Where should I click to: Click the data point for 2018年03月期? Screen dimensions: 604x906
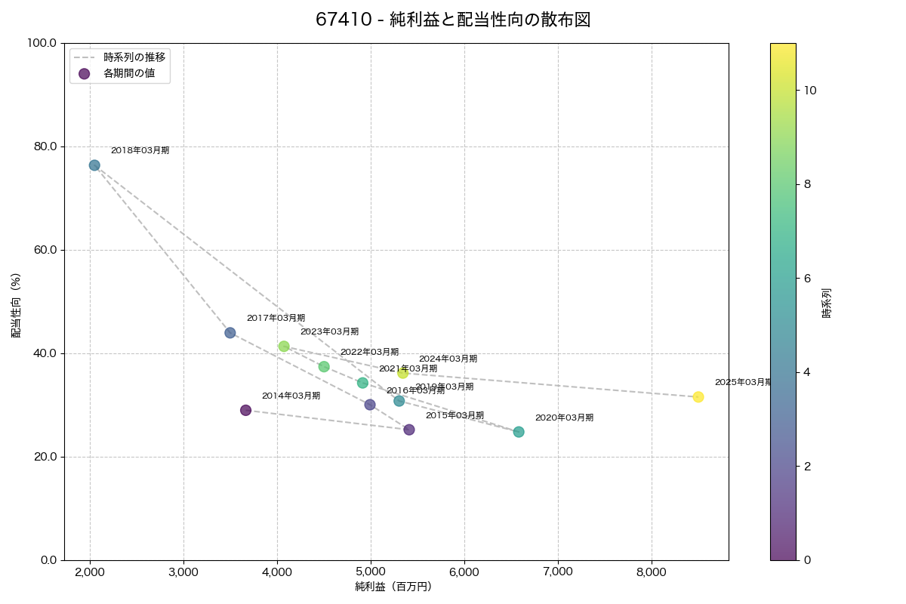[x=94, y=165]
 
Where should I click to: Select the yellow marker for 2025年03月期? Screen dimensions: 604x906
[x=698, y=397]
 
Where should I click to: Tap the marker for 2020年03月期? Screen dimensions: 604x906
[x=519, y=432]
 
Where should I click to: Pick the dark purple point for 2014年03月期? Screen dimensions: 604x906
[x=245, y=410]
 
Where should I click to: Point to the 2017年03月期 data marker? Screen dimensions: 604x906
[x=230, y=333]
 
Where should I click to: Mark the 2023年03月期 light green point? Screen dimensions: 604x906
[x=284, y=347]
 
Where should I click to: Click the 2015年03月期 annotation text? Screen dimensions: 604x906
[x=455, y=415]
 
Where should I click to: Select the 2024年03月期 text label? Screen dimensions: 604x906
[x=448, y=359]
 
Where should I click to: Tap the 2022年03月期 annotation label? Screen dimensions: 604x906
[x=369, y=352]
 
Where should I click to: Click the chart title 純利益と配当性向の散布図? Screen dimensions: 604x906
[x=453, y=20]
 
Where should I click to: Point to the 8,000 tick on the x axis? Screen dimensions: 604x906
[x=652, y=572]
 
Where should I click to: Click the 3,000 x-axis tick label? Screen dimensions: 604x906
[x=183, y=572]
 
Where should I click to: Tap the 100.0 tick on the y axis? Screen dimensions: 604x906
[x=42, y=43]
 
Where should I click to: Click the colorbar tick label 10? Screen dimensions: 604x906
[x=810, y=91]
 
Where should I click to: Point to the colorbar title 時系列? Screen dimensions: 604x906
[x=827, y=302]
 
